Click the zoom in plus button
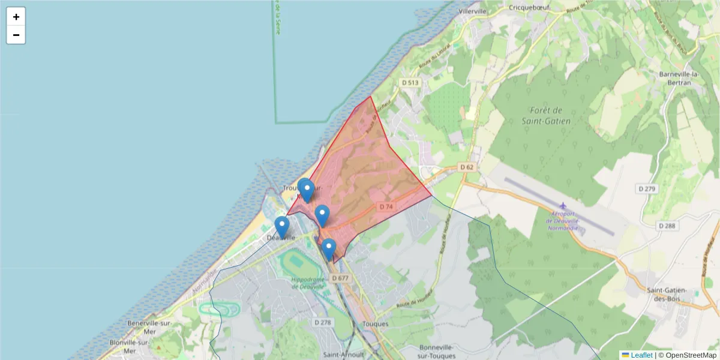pos(16,17)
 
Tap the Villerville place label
pos(472,11)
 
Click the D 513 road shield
pos(410,82)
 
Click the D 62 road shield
pos(467,166)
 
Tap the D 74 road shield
pos(386,206)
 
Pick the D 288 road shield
pos(667,226)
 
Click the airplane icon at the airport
pos(563,206)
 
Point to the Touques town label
pos(376,324)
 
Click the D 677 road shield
pos(339,278)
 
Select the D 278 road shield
pos(323,322)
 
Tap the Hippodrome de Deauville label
pos(308,283)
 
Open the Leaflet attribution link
pos(641,355)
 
